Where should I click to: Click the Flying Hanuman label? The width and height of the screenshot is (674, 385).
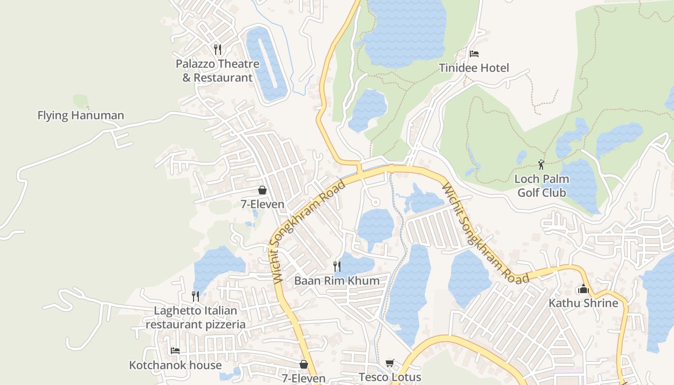coord(81,115)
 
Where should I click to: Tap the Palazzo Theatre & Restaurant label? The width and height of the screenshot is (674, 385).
coord(218,71)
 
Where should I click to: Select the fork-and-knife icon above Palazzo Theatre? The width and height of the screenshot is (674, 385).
coord(218,49)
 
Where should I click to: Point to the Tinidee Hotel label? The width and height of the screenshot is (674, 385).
coord(474,68)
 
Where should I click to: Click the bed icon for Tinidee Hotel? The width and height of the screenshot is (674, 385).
coord(474,54)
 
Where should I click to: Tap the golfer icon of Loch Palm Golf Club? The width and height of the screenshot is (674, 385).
coord(542,165)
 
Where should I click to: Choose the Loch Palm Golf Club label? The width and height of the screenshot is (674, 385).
coord(542,186)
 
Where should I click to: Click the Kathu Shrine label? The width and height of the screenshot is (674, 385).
coord(583,303)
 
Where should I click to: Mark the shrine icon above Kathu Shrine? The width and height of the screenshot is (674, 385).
coord(583,289)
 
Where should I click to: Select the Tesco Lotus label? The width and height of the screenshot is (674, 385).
coord(390,377)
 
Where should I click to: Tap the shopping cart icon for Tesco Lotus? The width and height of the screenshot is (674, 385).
coord(390,363)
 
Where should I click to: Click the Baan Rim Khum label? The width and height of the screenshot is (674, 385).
coord(337,281)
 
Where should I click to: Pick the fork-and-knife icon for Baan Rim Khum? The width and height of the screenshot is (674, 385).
coord(337,266)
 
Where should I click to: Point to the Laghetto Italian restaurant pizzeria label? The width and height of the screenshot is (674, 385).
coord(195,318)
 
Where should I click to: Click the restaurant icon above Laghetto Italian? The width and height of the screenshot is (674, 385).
coord(195,296)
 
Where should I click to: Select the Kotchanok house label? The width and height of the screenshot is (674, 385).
coord(175,365)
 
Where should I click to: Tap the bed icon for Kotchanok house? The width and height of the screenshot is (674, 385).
coord(175,351)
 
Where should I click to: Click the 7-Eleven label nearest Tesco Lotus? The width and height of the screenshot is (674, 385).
coord(304,379)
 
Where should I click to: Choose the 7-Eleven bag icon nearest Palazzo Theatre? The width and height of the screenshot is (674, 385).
coord(262,190)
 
